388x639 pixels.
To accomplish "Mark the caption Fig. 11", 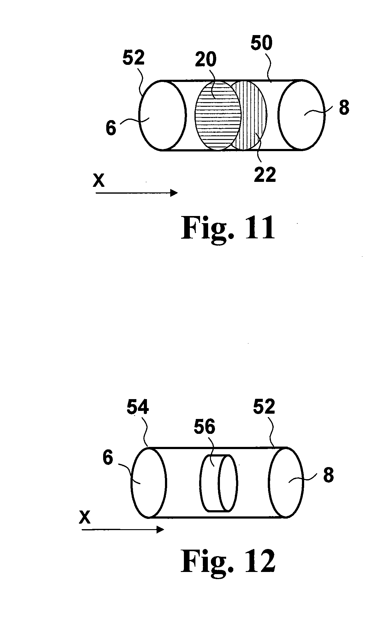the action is coord(228,228).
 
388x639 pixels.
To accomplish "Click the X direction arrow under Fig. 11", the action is coord(137,193).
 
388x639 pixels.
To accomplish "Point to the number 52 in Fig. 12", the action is coord(264,407).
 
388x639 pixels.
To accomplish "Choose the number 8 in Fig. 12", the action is coord(328,475).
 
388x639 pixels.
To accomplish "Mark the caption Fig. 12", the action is coord(228,560).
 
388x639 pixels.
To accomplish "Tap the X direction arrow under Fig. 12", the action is coord(123,529).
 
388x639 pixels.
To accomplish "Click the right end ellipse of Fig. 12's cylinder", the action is coord(286,482).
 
